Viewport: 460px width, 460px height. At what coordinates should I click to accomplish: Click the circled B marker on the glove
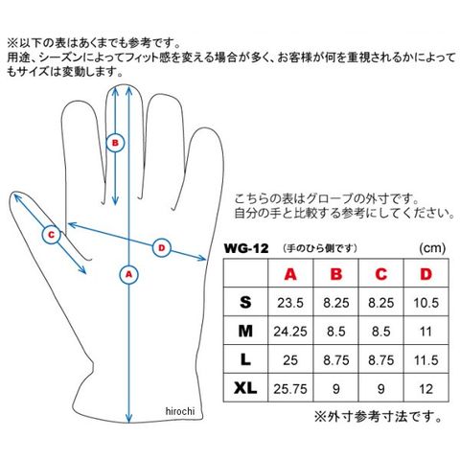pos(115,143)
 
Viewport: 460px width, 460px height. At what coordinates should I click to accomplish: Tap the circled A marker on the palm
pos(128,274)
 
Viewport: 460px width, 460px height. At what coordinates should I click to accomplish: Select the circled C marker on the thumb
pos(52,235)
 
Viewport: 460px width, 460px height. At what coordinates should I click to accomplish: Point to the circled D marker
pos(162,248)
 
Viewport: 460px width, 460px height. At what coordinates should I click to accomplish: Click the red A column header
pos(290,274)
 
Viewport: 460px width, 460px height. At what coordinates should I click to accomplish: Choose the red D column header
pos(425,274)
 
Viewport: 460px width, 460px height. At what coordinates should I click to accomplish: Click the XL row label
pos(245,388)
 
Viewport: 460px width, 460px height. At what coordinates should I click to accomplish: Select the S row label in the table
pos(245,302)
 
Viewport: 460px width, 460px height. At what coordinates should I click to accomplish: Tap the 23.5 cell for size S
pos(290,303)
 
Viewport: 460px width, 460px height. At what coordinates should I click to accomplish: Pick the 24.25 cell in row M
pos(290,332)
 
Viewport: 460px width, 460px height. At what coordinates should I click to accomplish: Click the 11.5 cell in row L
pos(425,360)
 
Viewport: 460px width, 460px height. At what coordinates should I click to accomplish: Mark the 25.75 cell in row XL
pos(290,389)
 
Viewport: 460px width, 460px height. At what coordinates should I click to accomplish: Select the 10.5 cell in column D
pos(426,303)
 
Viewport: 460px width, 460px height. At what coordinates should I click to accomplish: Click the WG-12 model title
pos(246,248)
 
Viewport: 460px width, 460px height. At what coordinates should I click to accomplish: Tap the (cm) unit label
pos(432,248)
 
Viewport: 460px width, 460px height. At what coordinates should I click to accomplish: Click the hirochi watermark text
pos(180,411)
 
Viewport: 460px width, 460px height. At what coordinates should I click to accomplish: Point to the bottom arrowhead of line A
pos(128,418)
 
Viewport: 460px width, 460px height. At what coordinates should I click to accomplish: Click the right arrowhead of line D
pos(201,258)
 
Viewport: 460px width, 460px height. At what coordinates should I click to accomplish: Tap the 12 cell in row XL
pos(425,389)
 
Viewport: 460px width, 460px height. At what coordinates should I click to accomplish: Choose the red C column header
pos(380,274)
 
